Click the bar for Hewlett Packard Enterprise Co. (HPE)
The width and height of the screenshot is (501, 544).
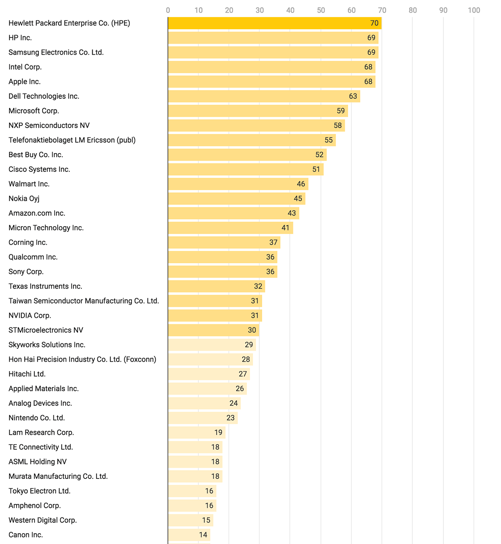coord(274,23)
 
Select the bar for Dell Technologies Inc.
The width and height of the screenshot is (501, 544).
coord(264,96)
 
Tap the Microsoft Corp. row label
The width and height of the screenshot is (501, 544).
coord(34,111)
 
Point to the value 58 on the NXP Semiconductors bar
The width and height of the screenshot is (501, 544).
coord(338,126)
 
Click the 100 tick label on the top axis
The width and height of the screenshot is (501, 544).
coord(474,10)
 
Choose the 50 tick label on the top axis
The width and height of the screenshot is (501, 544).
coord(321,10)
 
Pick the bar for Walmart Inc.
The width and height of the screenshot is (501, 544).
coord(238,184)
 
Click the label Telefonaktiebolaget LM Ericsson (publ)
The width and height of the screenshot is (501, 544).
coord(72,140)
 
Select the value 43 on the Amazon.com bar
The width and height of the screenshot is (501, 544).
coord(292,213)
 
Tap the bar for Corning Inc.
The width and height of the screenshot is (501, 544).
coord(224,242)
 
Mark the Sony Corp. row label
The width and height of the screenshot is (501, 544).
coord(26,272)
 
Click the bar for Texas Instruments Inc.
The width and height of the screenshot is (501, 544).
coord(216,286)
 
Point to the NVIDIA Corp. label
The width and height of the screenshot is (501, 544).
coord(30,315)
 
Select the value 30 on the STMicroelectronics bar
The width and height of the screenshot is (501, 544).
coord(252,330)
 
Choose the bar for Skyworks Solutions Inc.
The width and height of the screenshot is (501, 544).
coord(212,345)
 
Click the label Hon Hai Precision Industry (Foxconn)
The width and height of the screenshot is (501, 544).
coord(82,359)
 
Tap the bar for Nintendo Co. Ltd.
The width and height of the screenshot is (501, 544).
coord(202,418)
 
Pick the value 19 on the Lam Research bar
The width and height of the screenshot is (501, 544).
coord(218,432)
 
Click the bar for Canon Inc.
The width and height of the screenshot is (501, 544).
coord(189,535)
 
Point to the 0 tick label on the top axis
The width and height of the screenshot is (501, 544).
coord(168,10)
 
